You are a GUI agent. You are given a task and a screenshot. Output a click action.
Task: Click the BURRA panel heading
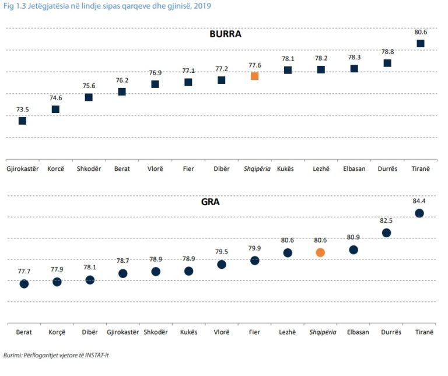(x=225, y=34)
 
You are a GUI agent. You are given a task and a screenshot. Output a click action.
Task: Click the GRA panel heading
(x=210, y=203)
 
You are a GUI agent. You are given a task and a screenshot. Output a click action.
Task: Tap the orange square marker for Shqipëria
(x=254, y=76)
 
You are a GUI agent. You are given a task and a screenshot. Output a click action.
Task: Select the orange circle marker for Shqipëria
(x=320, y=252)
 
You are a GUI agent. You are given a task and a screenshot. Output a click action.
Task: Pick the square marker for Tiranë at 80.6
(x=420, y=44)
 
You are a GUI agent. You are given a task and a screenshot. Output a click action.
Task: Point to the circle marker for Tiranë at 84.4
(x=419, y=213)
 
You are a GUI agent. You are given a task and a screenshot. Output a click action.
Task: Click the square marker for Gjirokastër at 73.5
(x=22, y=121)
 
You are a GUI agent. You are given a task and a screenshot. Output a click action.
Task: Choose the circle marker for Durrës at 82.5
(x=386, y=233)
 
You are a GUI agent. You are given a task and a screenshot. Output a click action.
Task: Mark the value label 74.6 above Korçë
(x=55, y=99)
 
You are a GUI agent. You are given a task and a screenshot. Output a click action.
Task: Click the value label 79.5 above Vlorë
(x=222, y=252)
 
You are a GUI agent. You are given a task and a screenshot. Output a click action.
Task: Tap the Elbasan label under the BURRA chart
(x=353, y=168)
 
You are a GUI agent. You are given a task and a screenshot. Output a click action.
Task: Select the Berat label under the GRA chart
(x=24, y=332)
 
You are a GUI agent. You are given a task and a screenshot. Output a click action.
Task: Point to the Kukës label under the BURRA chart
(x=286, y=168)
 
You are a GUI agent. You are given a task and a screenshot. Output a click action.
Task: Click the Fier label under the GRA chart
(x=254, y=332)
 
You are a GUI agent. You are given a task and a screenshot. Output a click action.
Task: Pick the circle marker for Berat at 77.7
(x=24, y=284)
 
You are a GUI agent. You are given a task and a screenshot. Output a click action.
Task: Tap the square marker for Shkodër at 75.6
(x=89, y=97)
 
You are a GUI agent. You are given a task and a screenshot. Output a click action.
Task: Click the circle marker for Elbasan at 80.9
(x=353, y=250)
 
